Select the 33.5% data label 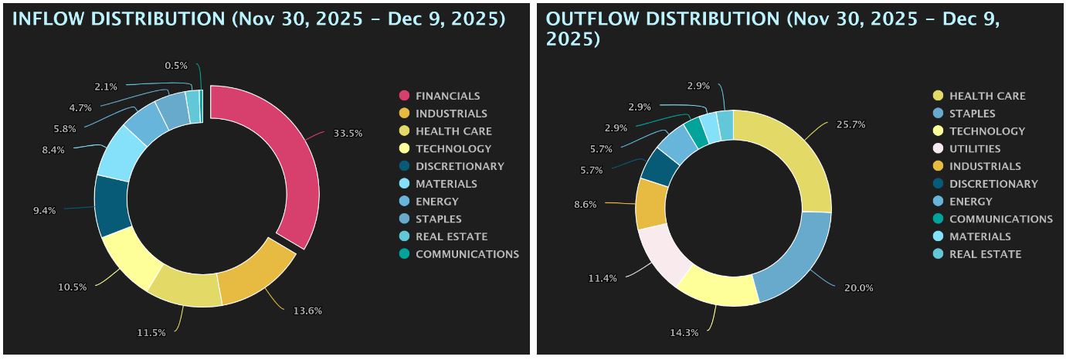[x=348, y=134]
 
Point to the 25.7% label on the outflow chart [x=849, y=124]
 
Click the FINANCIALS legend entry [x=447, y=96]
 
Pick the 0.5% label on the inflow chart [x=175, y=66]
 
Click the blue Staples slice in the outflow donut [x=796, y=255]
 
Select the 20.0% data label [x=858, y=287]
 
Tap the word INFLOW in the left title [x=45, y=19]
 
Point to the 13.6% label [x=307, y=311]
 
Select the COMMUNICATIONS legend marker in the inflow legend [x=403, y=254]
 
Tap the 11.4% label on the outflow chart [x=603, y=278]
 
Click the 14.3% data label [x=684, y=333]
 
